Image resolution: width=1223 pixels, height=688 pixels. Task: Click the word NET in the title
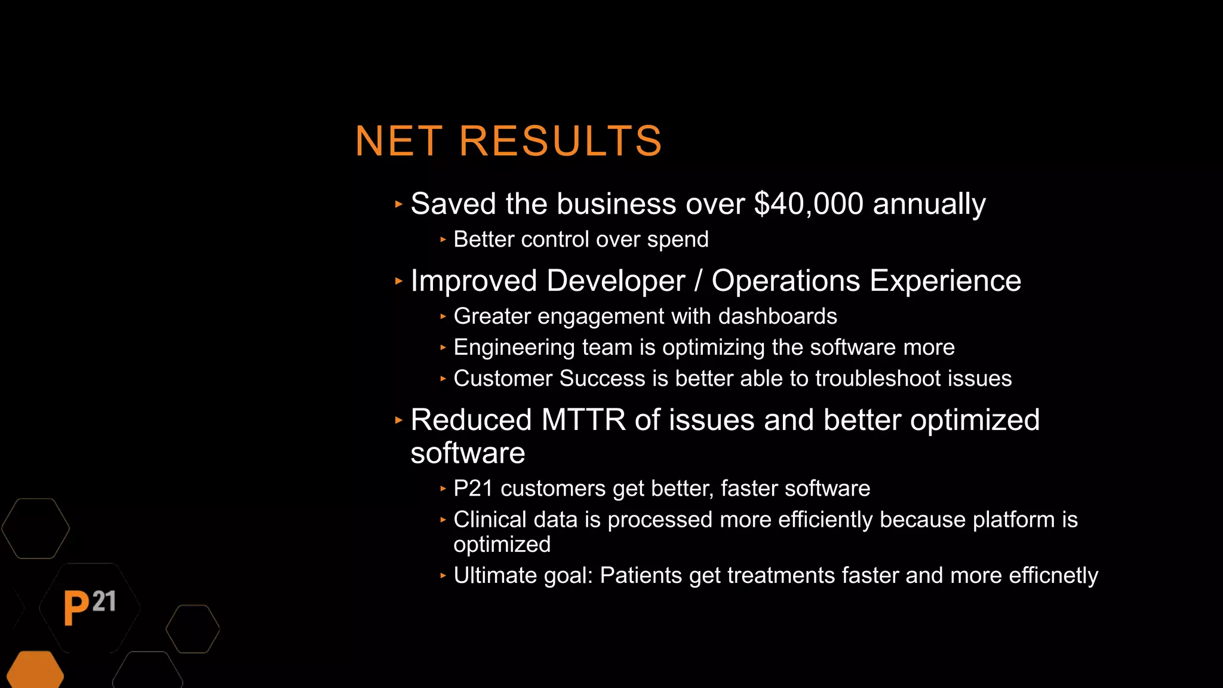[398, 142]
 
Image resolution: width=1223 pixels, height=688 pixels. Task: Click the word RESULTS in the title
[560, 142]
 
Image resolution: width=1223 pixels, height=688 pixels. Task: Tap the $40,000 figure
[809, 204]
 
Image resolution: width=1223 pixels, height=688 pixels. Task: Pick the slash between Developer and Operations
[698, 281]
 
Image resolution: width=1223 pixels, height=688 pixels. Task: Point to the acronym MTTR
[583, 420]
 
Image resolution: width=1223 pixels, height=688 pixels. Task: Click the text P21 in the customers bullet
[473, 489]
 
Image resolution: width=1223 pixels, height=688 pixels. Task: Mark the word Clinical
[490, 520]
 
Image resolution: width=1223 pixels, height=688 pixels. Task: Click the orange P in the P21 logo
[76, 608]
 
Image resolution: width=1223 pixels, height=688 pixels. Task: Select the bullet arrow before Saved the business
[399, 204]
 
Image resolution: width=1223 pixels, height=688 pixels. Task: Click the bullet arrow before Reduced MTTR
[399, 420]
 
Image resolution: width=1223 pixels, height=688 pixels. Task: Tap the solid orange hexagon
[35, 671]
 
